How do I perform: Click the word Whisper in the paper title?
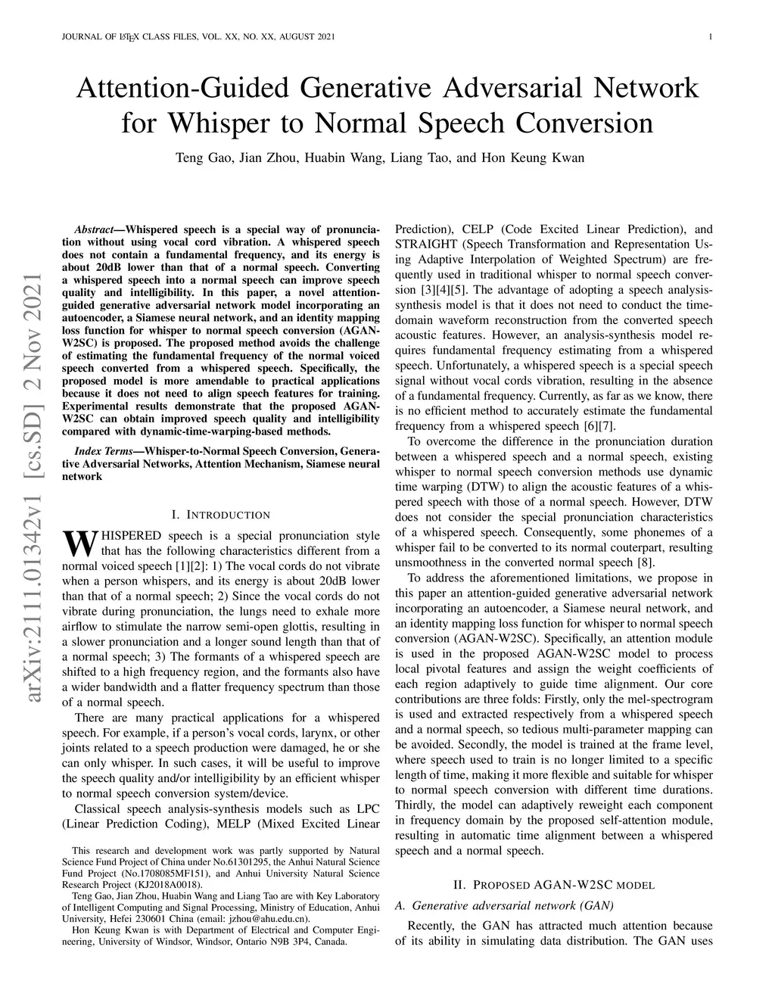click(215, 122)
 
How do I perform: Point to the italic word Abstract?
click(93, 229)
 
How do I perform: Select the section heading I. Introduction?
click(220, 515)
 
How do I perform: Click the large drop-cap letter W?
click(78, 542)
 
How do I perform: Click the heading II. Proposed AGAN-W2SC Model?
click(553, 884)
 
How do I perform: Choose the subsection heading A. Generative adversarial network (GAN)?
click(505, 905)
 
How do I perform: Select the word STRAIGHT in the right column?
click(425, 245)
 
